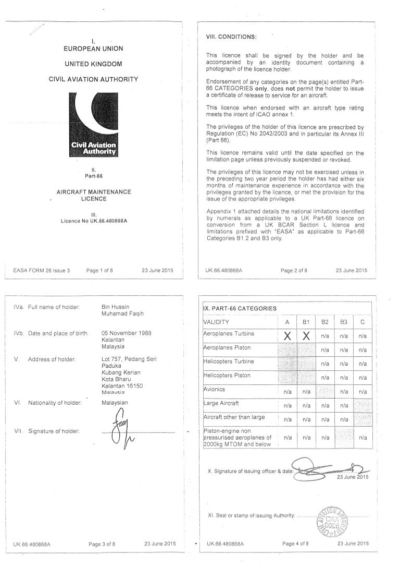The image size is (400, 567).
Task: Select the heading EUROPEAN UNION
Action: click(x=94, y=49)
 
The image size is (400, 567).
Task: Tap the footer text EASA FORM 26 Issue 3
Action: click(x=42, y=271)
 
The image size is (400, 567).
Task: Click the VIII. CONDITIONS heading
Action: click(x=231, y=37)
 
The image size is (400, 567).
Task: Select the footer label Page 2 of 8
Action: click(x=294, y=271)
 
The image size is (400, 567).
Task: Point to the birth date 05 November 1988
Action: click(x=127, y=333)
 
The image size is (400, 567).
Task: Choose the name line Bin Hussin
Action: click(x=116, y=307)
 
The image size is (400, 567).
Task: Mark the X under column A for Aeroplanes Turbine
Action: click(x=287, y=336)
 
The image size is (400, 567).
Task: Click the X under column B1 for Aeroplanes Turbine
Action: click(x=306, y=336)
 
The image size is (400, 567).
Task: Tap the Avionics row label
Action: click(x=215, y=390)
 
